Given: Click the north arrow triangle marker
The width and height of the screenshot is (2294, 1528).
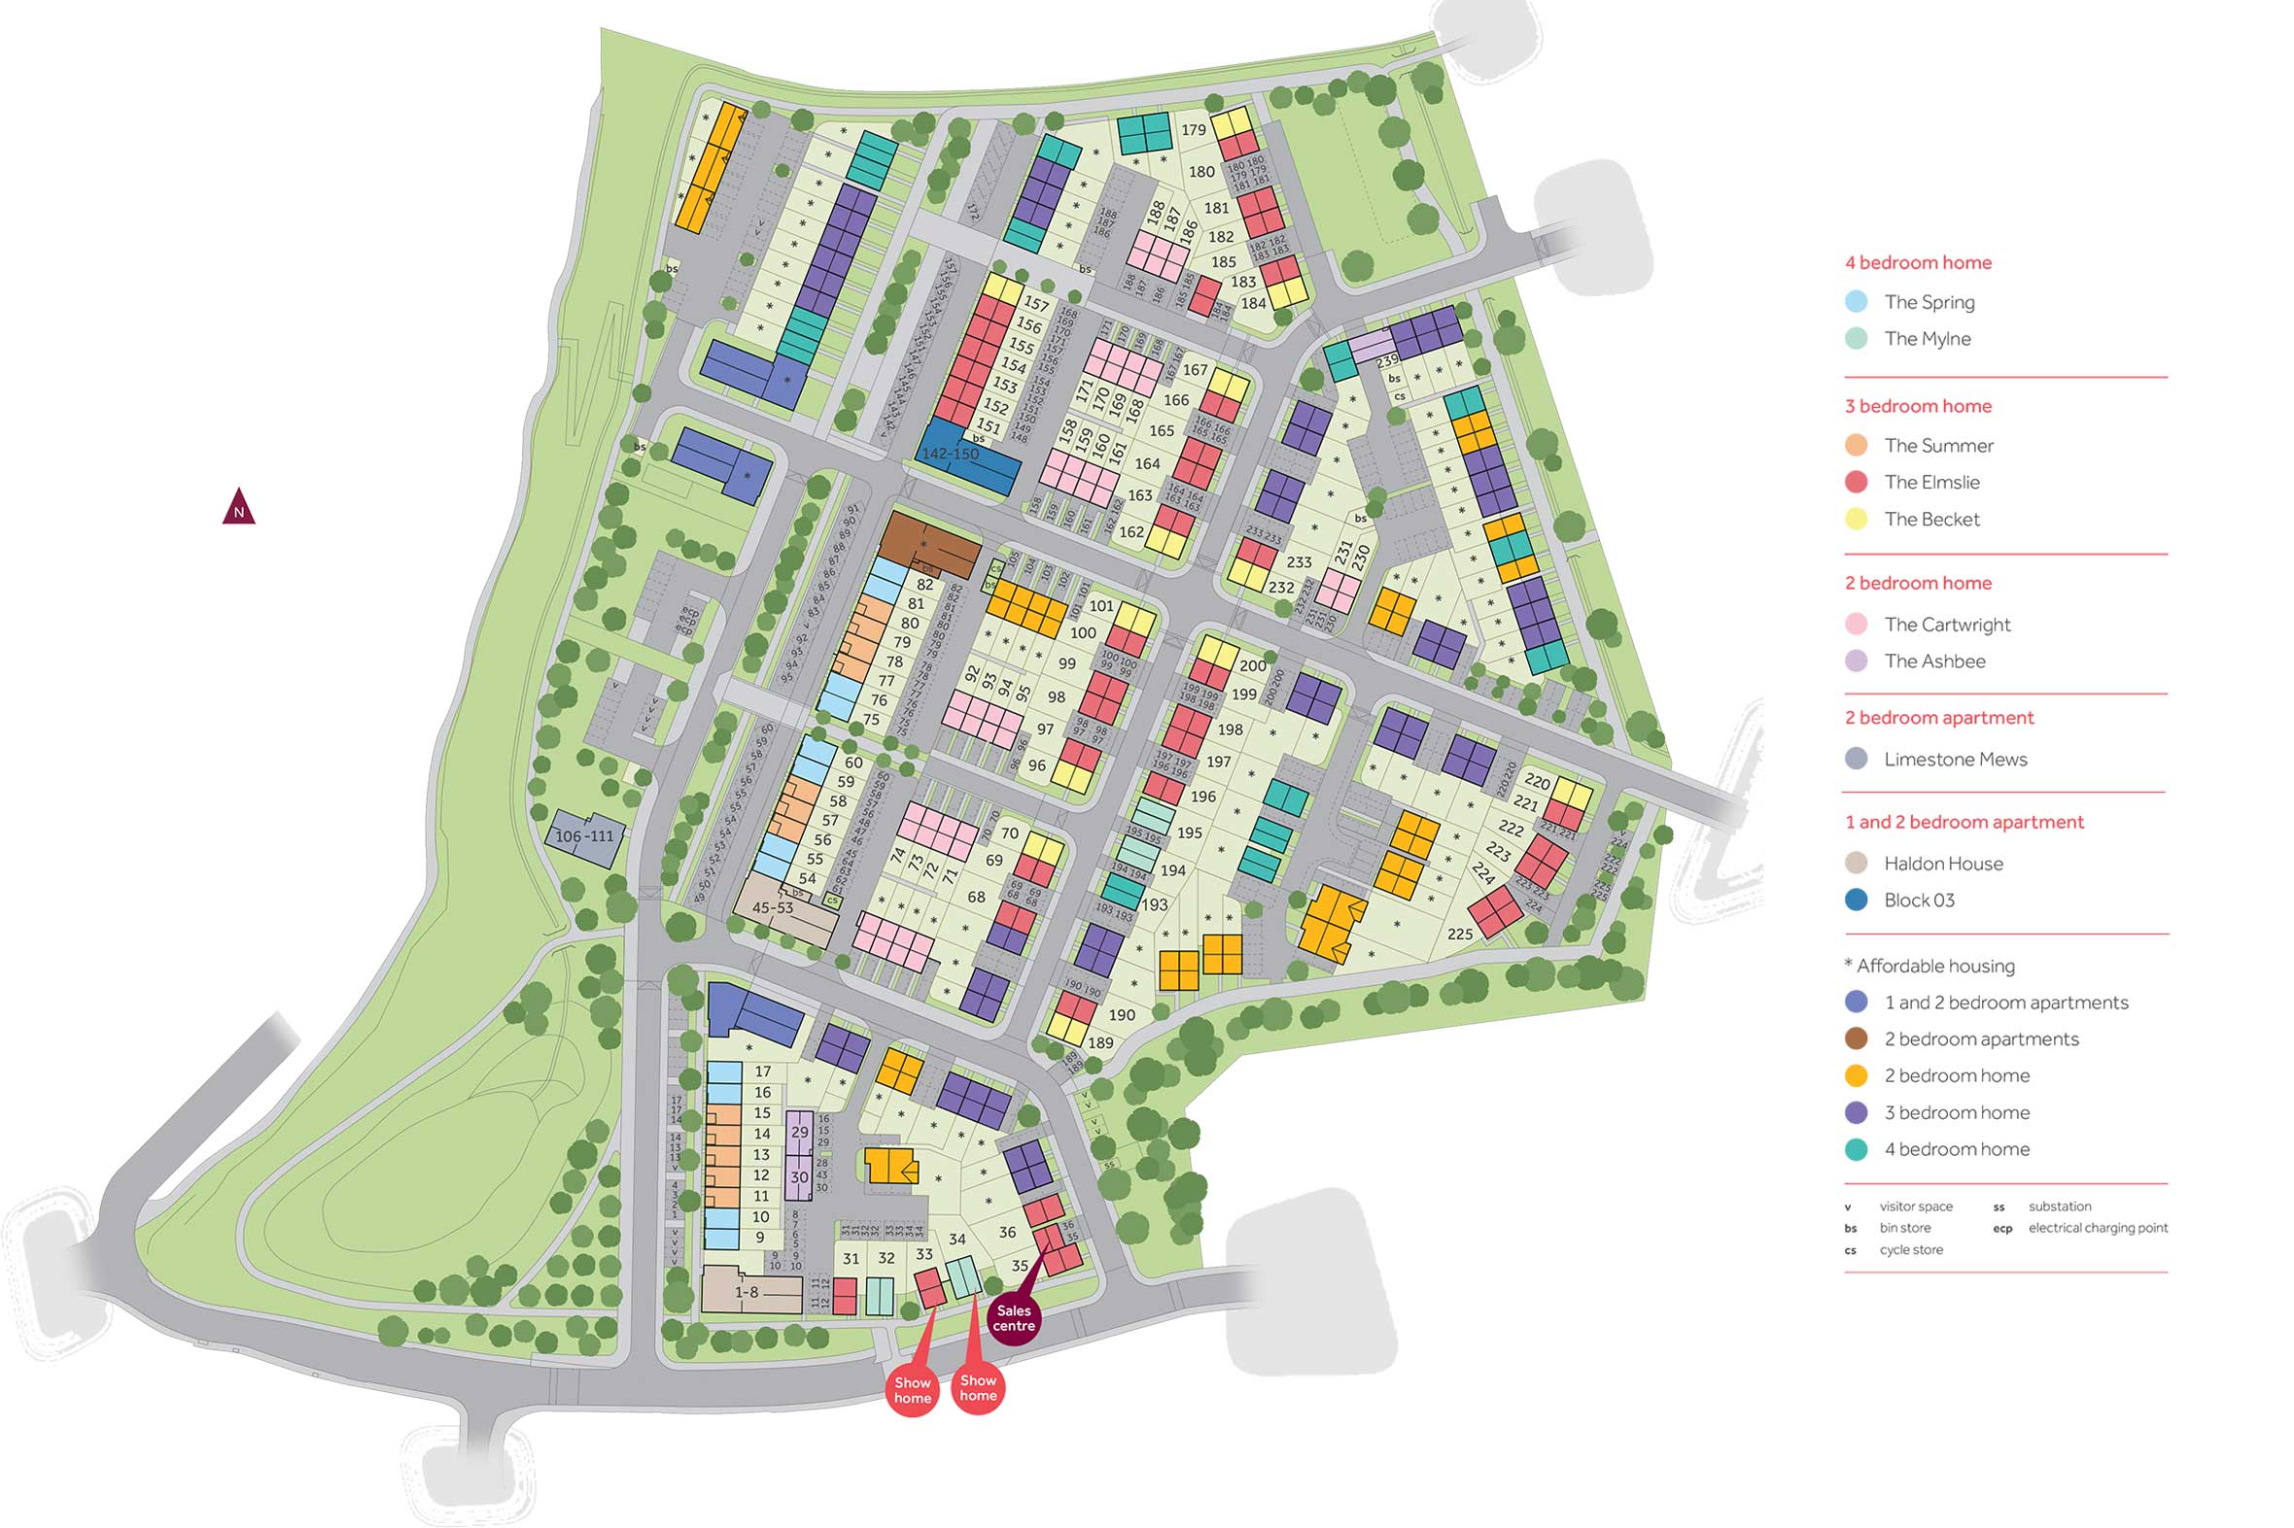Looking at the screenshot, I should (239, 508).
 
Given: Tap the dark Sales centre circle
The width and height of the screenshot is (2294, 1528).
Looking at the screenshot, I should (1014, 1318).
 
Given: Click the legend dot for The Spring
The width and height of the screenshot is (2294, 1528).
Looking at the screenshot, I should (1857, 302).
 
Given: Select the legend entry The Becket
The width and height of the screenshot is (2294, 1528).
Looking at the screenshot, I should (1931, 520).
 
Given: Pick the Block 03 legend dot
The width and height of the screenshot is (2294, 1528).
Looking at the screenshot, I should (1857, 900).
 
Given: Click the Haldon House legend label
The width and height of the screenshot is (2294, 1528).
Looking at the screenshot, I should (1943, 864).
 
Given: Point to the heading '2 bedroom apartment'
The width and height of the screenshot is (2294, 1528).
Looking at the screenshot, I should (1938, 718).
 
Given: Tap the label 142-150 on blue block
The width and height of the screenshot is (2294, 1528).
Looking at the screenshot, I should (950, 454).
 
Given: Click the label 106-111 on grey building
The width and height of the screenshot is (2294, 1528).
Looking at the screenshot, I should (584, 836).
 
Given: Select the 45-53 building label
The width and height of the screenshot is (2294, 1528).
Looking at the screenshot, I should (772, 908).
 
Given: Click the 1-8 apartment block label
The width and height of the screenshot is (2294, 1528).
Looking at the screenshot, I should (747, 1292).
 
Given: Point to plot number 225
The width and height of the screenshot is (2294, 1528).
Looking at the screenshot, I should (1459, 934).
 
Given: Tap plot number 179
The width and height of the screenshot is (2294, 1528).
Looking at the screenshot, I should (1194, 129).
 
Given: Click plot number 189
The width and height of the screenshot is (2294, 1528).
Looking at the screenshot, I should (1099, 1042).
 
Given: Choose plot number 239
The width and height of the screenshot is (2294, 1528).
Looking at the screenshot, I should (1387, 361).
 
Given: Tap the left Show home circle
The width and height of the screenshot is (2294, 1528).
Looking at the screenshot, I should (913, 1391).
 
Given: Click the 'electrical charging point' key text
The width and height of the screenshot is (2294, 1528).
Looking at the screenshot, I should (2098, 1228).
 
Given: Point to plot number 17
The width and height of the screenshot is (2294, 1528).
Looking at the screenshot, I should (762, 1071).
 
